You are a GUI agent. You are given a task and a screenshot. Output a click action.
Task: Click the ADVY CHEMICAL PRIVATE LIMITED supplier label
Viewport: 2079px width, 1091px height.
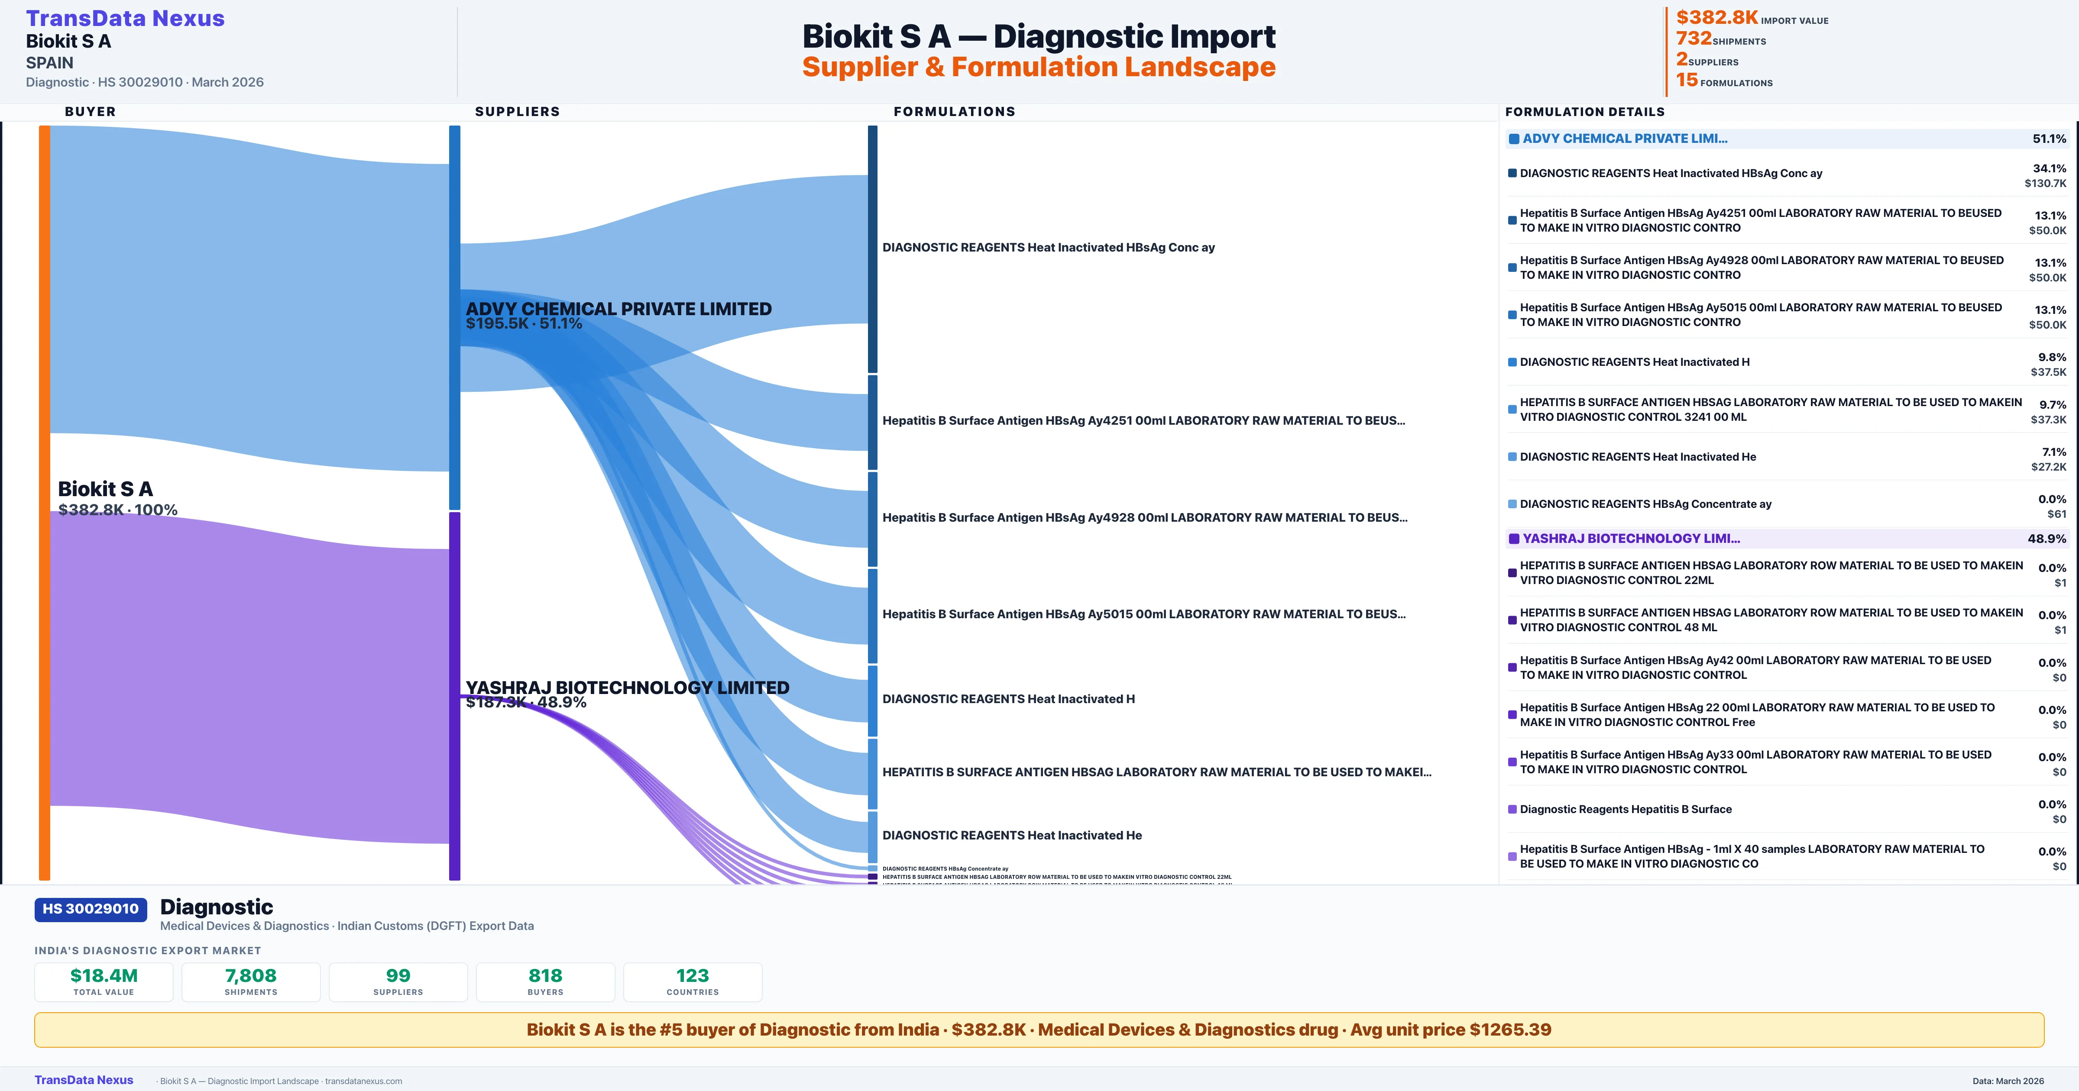618,309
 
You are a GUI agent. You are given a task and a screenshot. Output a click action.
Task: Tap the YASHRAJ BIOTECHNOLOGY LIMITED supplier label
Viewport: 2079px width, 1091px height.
627,688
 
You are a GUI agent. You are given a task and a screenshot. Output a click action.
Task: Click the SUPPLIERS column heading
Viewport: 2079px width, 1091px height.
517,111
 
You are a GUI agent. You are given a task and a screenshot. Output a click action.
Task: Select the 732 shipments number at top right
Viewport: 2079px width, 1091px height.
1693,39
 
